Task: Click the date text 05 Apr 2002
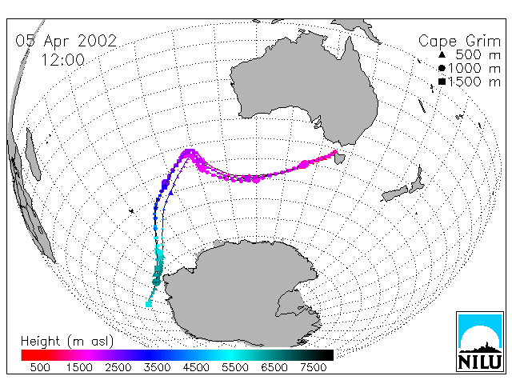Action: (x=66, y=41)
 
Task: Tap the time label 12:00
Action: (x=62, y=60)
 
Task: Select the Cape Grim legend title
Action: (x=459, y=42)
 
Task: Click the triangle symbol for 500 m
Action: (x=442, y=55)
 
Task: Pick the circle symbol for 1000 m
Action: (x=442, y=68)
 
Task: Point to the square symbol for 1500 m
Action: (x=442, y=82)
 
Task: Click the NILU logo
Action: (x=480, y=342)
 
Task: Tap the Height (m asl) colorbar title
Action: (x=67, y=342)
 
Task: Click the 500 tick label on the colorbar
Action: (x=40, y=368)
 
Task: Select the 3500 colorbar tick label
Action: (x=157, y=368)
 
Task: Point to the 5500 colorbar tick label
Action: (x=235, y=368)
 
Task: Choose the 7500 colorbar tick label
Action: (x=313, y=368)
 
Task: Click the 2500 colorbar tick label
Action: (x=118, y=368)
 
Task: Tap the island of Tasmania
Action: (x=340, y=158)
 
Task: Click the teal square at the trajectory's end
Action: (x=149, y=304)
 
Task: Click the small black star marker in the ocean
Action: (x=131, y=211)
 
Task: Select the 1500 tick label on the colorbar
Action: (x=79, y=368)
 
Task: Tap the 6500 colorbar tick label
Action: (x=274, y=368)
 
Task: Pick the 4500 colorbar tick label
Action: (x=196, y=368)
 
